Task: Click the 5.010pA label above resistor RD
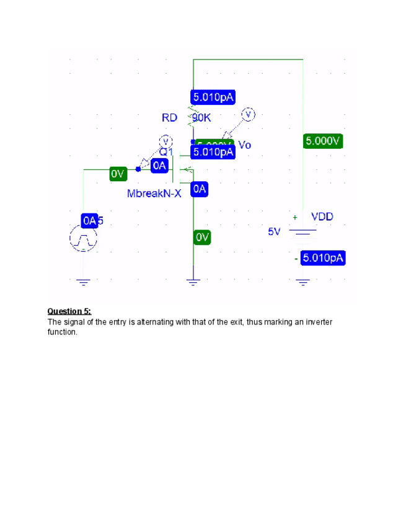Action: click(213, 97)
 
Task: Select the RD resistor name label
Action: click(169, 117)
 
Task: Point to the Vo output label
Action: click(244, 145)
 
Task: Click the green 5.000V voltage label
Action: click(323, 141)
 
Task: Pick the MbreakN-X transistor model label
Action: click(154, 194)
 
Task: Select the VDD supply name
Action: click(322, 216)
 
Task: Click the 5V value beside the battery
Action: click(274, 232)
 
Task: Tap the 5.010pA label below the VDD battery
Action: click(322, 258)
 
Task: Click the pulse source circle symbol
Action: click(83, 238)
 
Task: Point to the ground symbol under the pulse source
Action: click(83, 282)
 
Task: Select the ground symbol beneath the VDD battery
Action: click(302, 282)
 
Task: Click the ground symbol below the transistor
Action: click(193, 282)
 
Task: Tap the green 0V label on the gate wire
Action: click(118, 173)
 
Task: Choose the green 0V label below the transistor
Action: click(202, 237)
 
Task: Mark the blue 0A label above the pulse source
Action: click(89, 220)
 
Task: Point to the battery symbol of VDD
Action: click(302, 232)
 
